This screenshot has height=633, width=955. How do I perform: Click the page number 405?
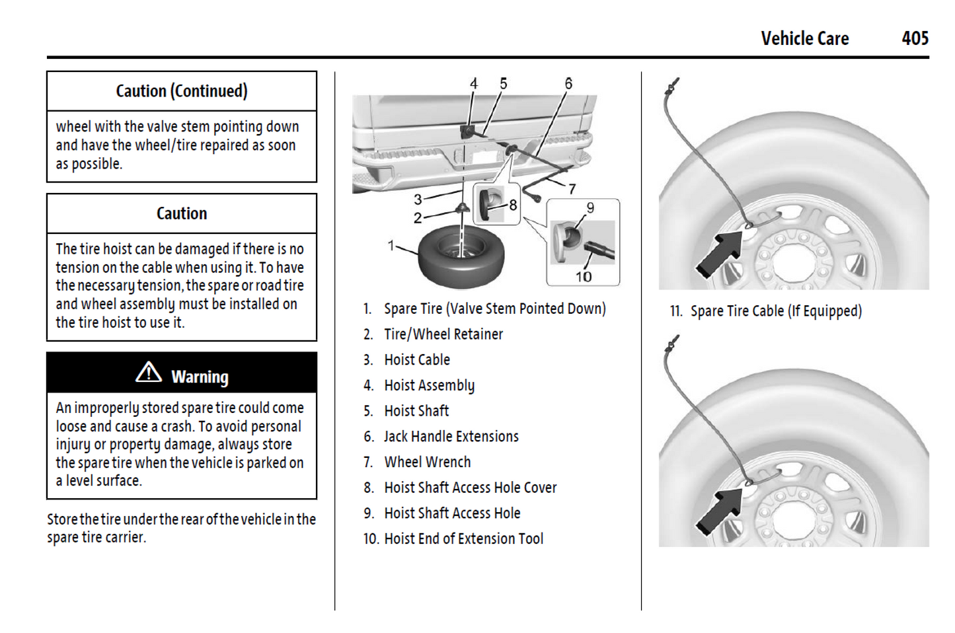coord(915,38)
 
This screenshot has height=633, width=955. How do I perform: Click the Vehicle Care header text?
coord(804,38)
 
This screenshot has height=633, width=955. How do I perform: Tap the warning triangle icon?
coord(149,373)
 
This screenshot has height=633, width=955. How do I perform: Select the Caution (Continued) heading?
coord(182,91)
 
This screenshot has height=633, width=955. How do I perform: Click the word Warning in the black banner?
coord(200,377)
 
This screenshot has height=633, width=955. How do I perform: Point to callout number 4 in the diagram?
coord(473,84)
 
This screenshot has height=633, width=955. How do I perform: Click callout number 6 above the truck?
coord(568,84)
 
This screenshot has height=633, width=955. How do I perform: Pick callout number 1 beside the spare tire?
coord(391,246)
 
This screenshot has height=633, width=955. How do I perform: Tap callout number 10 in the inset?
coord(583,277)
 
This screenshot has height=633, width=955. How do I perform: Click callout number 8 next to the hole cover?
coord(513,205)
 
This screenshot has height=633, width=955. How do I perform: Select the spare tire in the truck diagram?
coord(461,256)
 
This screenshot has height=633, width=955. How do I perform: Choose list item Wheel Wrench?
coord(427,462)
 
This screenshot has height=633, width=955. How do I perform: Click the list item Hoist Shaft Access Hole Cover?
coord(470,488)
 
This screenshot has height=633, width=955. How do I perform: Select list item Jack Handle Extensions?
coord(451,437)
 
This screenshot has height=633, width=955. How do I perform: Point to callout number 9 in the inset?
coord(590,208)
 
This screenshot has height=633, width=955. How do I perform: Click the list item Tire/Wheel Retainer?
coord(443,334)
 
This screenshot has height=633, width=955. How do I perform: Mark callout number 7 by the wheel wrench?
coord(572,189)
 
